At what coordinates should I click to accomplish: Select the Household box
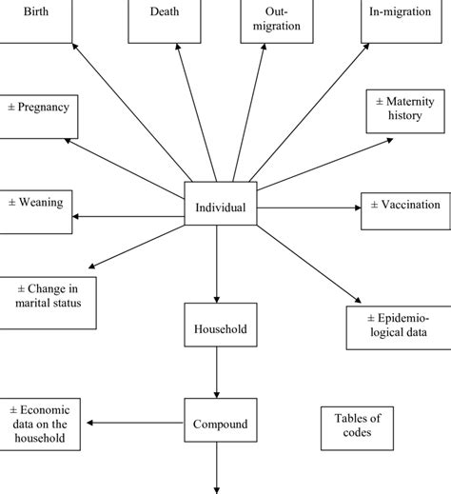[x=220, y=328]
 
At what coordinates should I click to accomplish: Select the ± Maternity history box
[x=406, y=110]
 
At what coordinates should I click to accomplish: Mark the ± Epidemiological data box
[x=398, y=325]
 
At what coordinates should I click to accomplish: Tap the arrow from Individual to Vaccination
[x=308, y=207]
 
